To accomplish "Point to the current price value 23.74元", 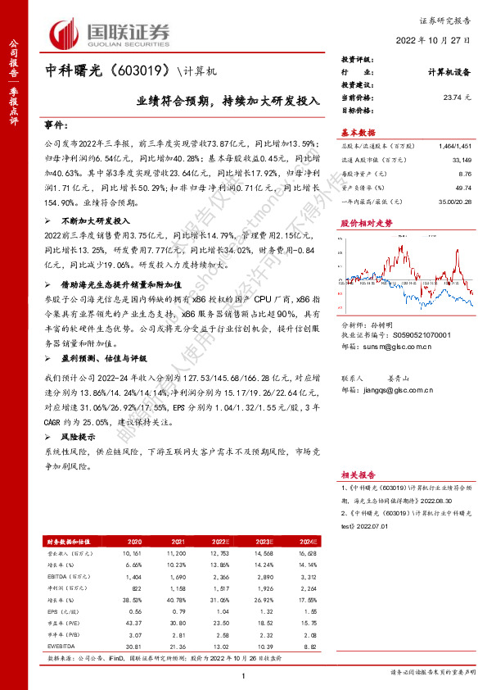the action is pyautogui.click(x=457, y=97).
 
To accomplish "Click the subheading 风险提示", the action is pyautogui.click(x=78, y=438).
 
